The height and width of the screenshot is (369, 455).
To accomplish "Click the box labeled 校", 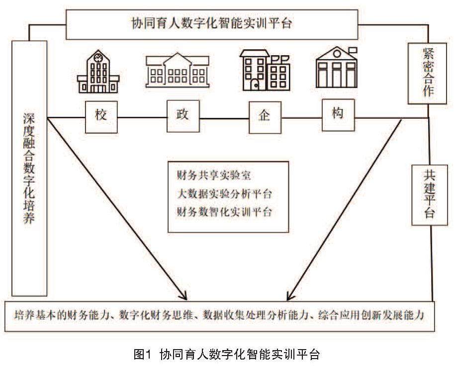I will [x=101, y=117].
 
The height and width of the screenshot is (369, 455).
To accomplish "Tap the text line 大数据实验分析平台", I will [x=224, y=193].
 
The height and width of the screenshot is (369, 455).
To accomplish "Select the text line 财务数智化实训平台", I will [x=224, y=212].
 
